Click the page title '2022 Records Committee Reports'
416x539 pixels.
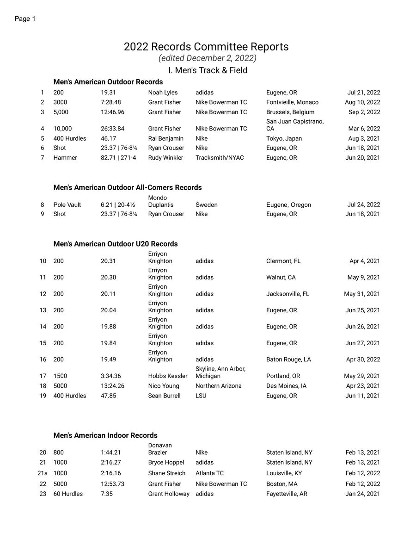coord(206,47)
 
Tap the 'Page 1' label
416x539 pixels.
coord(25,19)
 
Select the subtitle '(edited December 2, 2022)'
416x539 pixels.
coord(208,58)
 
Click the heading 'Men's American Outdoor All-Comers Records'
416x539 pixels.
coord(128,187)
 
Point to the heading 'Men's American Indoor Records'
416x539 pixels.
coord(105,435)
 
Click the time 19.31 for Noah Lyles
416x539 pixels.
coord(108,93)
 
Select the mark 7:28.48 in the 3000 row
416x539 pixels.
coord(111,102)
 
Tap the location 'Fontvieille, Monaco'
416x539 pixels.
coord(292,102)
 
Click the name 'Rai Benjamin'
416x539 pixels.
coord(165,138)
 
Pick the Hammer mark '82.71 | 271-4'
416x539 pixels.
coord(118,158)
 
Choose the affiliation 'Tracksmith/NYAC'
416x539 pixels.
coord(220,158)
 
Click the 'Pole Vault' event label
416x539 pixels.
coord(67,205)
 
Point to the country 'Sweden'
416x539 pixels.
coord(206,205)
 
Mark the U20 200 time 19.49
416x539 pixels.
coord(108,359)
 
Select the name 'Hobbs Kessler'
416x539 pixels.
coord(168,376)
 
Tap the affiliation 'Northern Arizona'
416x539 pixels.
coord(218,386)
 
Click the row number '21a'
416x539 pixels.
coord(43,473)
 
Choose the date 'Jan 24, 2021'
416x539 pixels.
coord(363,494)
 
